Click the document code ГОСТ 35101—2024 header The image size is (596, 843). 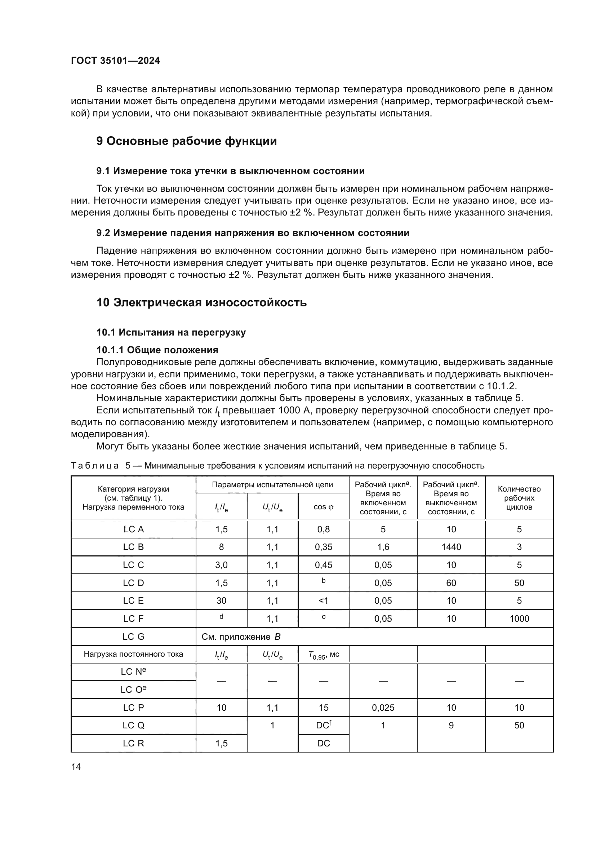115,61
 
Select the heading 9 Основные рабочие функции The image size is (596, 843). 186,141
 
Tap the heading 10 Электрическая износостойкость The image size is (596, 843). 201,302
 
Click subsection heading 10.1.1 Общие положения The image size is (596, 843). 157,350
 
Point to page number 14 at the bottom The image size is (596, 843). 76,767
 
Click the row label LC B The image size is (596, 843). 133,547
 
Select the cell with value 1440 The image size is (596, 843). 451,547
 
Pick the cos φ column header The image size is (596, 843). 323,507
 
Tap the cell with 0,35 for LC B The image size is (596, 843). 323,547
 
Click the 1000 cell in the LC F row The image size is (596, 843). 519,619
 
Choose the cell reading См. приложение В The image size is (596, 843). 241,636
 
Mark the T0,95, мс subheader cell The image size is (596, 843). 323,654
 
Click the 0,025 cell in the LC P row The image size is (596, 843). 383,707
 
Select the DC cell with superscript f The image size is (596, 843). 323,725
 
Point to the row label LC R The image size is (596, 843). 133,743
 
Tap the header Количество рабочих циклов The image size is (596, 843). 519,498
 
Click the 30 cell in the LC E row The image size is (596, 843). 221,601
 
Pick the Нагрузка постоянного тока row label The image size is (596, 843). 133,654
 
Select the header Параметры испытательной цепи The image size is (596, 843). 272,485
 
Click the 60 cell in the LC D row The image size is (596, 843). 451,583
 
